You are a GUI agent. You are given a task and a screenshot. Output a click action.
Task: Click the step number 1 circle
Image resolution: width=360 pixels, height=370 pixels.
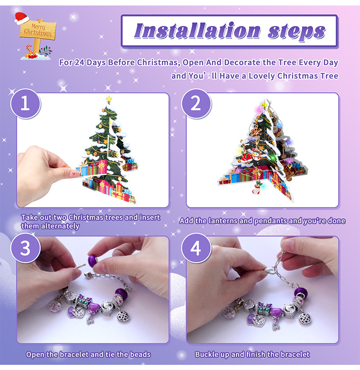tap(26, 104)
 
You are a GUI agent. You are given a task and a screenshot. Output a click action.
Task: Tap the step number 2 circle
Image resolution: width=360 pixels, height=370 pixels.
tap(196, 104)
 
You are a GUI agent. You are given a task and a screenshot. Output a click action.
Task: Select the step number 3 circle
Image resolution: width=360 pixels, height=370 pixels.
tap(26, 248)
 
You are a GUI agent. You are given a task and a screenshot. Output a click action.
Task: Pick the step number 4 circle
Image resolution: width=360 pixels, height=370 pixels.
tap(196, 248)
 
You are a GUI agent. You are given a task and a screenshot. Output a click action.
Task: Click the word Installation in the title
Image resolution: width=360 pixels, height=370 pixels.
tap(197, 30)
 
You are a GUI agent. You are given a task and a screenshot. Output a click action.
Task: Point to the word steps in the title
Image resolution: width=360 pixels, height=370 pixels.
tap(297, 32)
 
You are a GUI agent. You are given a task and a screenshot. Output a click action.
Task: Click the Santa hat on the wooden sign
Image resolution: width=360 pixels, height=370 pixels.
tap(21, 18)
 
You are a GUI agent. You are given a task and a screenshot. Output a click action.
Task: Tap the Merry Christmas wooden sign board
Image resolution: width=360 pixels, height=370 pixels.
tap(38, 30)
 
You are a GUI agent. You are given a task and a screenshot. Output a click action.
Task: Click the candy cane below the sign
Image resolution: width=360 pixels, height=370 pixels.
tap(29, 50)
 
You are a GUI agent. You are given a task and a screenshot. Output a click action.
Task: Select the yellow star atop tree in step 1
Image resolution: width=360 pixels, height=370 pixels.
tap(108, 99)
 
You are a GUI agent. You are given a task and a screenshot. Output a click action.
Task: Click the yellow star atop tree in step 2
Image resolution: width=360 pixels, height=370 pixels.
tap(265, 104)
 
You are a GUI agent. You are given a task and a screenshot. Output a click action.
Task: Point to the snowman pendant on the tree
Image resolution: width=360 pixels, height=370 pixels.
tap(256, 156)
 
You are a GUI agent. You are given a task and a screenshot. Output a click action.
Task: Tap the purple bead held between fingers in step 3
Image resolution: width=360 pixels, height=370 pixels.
tap(93, 260)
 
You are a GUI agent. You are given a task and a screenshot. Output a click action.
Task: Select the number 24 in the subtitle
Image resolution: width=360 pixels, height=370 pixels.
tap(79, 62)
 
